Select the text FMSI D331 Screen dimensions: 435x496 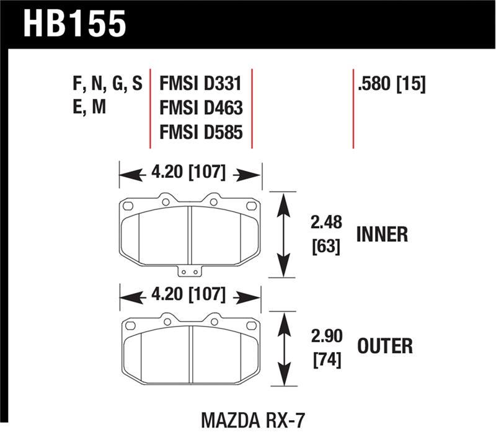200,85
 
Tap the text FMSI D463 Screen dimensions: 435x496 201,108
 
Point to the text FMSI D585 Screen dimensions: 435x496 201,132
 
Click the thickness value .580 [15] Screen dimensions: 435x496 391,85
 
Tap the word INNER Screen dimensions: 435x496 382,234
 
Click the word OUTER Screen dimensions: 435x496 384,345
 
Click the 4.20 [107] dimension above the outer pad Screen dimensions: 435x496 190,295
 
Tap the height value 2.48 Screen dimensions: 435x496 324,223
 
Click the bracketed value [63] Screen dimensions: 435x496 324,247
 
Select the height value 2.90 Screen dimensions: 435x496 324,335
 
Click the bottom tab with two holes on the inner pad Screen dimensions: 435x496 189,271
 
